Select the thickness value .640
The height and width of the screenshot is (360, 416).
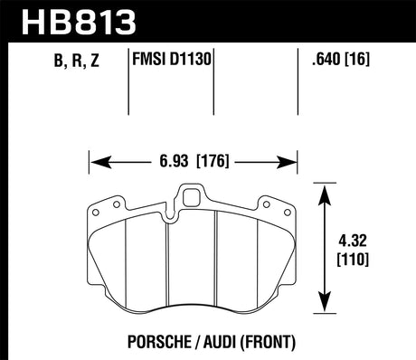pyautogui.click(x=321, y=63)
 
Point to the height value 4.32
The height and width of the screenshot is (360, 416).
pyautogui.click(x=371, y=240)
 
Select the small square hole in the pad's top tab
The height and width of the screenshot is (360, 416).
pyautogui.click(x=192, y=194)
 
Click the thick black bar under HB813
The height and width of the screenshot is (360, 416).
pyautogui.click(x=208, y=39)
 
